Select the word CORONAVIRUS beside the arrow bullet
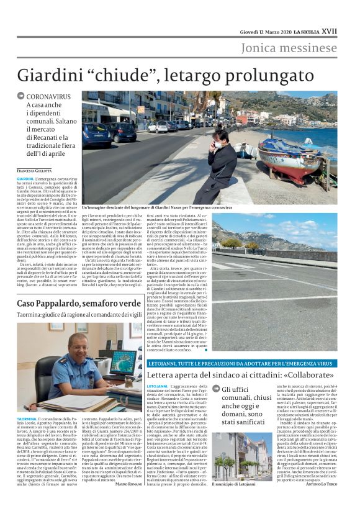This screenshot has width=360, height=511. pos(49,97)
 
